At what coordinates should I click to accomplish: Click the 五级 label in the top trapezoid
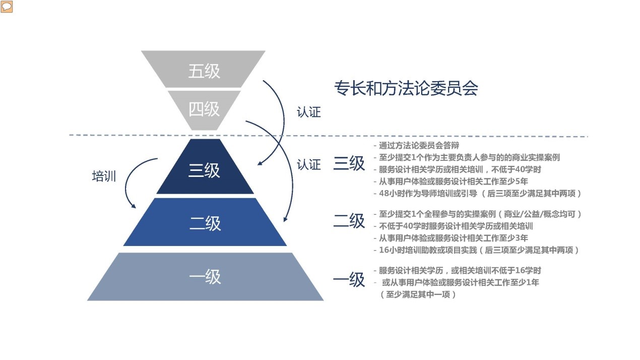(204, 71)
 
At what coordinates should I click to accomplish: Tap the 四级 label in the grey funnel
(204, 109)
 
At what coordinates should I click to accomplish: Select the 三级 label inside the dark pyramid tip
(204, 170)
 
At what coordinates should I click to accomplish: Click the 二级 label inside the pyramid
(205, 223)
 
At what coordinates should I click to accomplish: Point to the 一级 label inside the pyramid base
(205, 276)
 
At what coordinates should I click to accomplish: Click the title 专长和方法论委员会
(406, 88)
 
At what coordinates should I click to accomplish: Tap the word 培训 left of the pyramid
(104, 176)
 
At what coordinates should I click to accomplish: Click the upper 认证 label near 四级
(309, 112)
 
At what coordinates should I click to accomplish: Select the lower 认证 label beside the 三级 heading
(309, 165)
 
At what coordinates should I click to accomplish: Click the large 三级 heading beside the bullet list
(349, 163)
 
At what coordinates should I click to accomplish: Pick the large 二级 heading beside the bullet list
(349, 221)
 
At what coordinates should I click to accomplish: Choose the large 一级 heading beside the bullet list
(349, 279)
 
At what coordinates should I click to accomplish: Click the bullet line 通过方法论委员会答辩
(417, 146)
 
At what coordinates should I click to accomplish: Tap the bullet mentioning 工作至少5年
(451, 182)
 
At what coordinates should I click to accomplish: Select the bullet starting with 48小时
(478, 194)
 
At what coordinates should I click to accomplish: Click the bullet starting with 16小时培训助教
(477, 250)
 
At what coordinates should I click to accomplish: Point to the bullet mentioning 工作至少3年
(451, 238)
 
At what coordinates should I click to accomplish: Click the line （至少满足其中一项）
(418, 294)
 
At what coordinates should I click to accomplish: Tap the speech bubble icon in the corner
(7, 7)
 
